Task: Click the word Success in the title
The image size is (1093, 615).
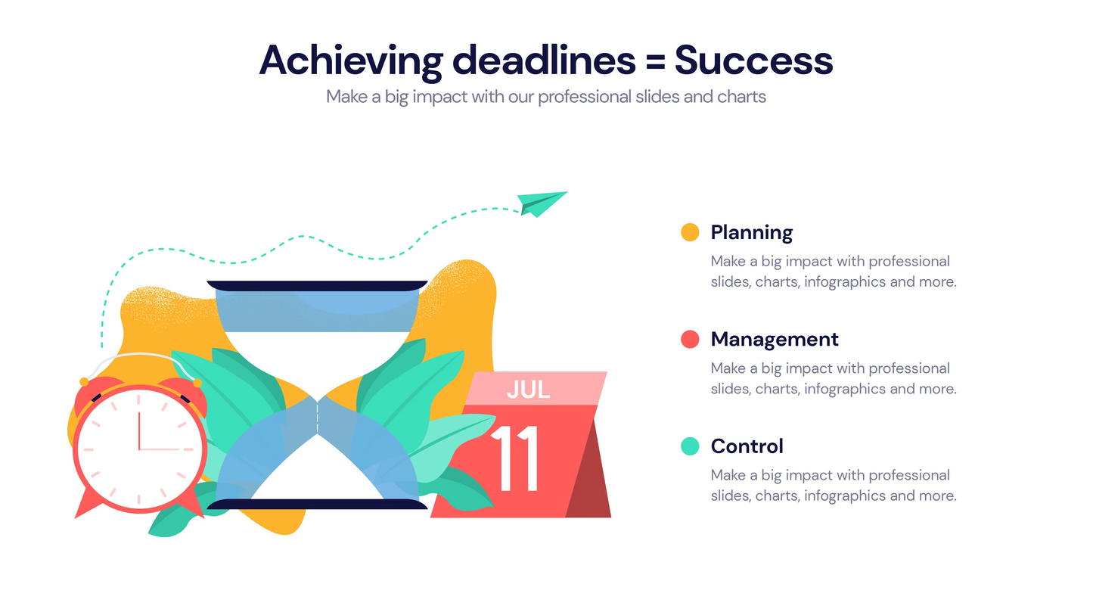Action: click(753, 61)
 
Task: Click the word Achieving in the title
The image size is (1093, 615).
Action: click(349, 61)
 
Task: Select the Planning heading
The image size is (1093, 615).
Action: click(751, 232)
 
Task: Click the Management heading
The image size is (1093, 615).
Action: click(775, 339)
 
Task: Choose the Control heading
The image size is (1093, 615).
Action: click(747, 446)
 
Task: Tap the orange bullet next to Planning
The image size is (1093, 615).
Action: click(690, 232)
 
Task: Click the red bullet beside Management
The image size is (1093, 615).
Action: click(690, 339)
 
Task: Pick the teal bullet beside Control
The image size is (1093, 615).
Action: click(690, 446)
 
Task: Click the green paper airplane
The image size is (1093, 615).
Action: click(542, 203)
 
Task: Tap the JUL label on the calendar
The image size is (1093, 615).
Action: click(528, 389)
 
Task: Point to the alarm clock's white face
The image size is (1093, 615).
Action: click(139, 449)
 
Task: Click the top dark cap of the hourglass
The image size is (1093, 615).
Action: click(316, 286)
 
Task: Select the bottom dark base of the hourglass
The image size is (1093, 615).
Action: click(316, 505)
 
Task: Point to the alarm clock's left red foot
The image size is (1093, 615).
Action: click(85, 505)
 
